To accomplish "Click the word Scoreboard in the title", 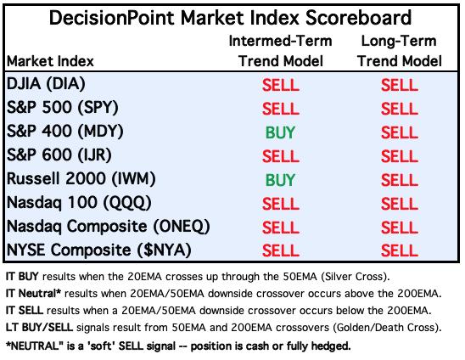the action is point(358,18).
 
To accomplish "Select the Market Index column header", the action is point(50,61).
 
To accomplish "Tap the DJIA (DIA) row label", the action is point(46,84).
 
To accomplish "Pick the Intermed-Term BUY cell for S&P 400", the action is point(280,132).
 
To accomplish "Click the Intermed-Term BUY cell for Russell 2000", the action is point(280,180).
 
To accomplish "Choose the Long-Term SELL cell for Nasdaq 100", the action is point(400,204).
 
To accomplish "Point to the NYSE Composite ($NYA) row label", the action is point(98,250).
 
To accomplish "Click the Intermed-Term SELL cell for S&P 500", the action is point(281,109).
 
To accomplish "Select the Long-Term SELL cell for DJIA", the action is point(400,85).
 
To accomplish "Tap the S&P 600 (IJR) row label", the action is point(59,155).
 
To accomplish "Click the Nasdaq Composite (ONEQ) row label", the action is point(109,227).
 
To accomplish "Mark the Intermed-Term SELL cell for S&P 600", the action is point(281,156).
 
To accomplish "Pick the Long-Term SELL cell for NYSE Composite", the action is point(400,250).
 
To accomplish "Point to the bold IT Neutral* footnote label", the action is point(33,294).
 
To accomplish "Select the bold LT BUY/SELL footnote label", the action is point(39,328).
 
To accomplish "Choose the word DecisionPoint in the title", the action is point(112,18).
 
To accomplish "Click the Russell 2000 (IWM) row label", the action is point(81,178).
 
